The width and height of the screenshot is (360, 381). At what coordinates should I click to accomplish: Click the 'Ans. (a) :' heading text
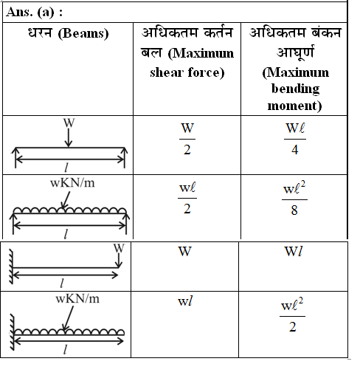pyautogui.click(x=34, y=13)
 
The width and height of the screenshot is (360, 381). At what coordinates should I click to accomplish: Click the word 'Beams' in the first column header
pyautogui.click(x=83, y=33)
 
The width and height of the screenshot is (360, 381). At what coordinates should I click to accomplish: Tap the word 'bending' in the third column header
pyautogui.click(x=295, y=89)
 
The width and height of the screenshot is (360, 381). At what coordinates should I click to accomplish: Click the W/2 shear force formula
pyautogui.click(x=187, y=139)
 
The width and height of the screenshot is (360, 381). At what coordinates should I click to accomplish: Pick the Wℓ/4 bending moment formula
pyautogui.click(x=295, y=139)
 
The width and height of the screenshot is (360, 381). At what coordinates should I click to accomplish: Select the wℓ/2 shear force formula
pyautogui.click(x=187, y=199)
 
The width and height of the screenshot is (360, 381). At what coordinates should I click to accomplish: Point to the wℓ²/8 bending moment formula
pyautogui.click(x=294, y=199)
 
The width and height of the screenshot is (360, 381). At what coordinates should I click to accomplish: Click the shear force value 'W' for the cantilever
pyautogui.click(x=185, y=252)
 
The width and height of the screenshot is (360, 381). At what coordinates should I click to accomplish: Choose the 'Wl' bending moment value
pyautogui.click(x=293, y=252)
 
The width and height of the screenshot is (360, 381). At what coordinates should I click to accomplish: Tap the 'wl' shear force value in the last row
pyautogui.click(x=185, y=301)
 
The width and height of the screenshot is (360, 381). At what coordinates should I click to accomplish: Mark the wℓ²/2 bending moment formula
pyautogui.click(x=292, y=315)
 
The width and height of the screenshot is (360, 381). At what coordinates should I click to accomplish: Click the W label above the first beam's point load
pyautogui.click(x=69, y=123)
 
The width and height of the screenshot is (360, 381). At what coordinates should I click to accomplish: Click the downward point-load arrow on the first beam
pyautogui.click(x=69, y=137)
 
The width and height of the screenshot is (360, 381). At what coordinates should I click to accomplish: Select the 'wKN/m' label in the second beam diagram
pyautogui.click(x=72, y=183)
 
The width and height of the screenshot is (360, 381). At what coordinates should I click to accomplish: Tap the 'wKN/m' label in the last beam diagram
pyautogui.click(x=77, y=299)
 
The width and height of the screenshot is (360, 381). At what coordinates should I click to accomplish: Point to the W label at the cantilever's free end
pyautogui.click(x=119, y=248)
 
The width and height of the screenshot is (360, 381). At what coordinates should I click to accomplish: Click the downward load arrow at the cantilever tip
pyautogui.click(x=119, y=261)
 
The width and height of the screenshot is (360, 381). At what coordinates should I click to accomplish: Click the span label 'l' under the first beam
pyautogui.click(x=66, y=168)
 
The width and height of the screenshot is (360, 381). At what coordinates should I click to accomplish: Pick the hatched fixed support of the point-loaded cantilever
pyautogui.click(x=11, y=267)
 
